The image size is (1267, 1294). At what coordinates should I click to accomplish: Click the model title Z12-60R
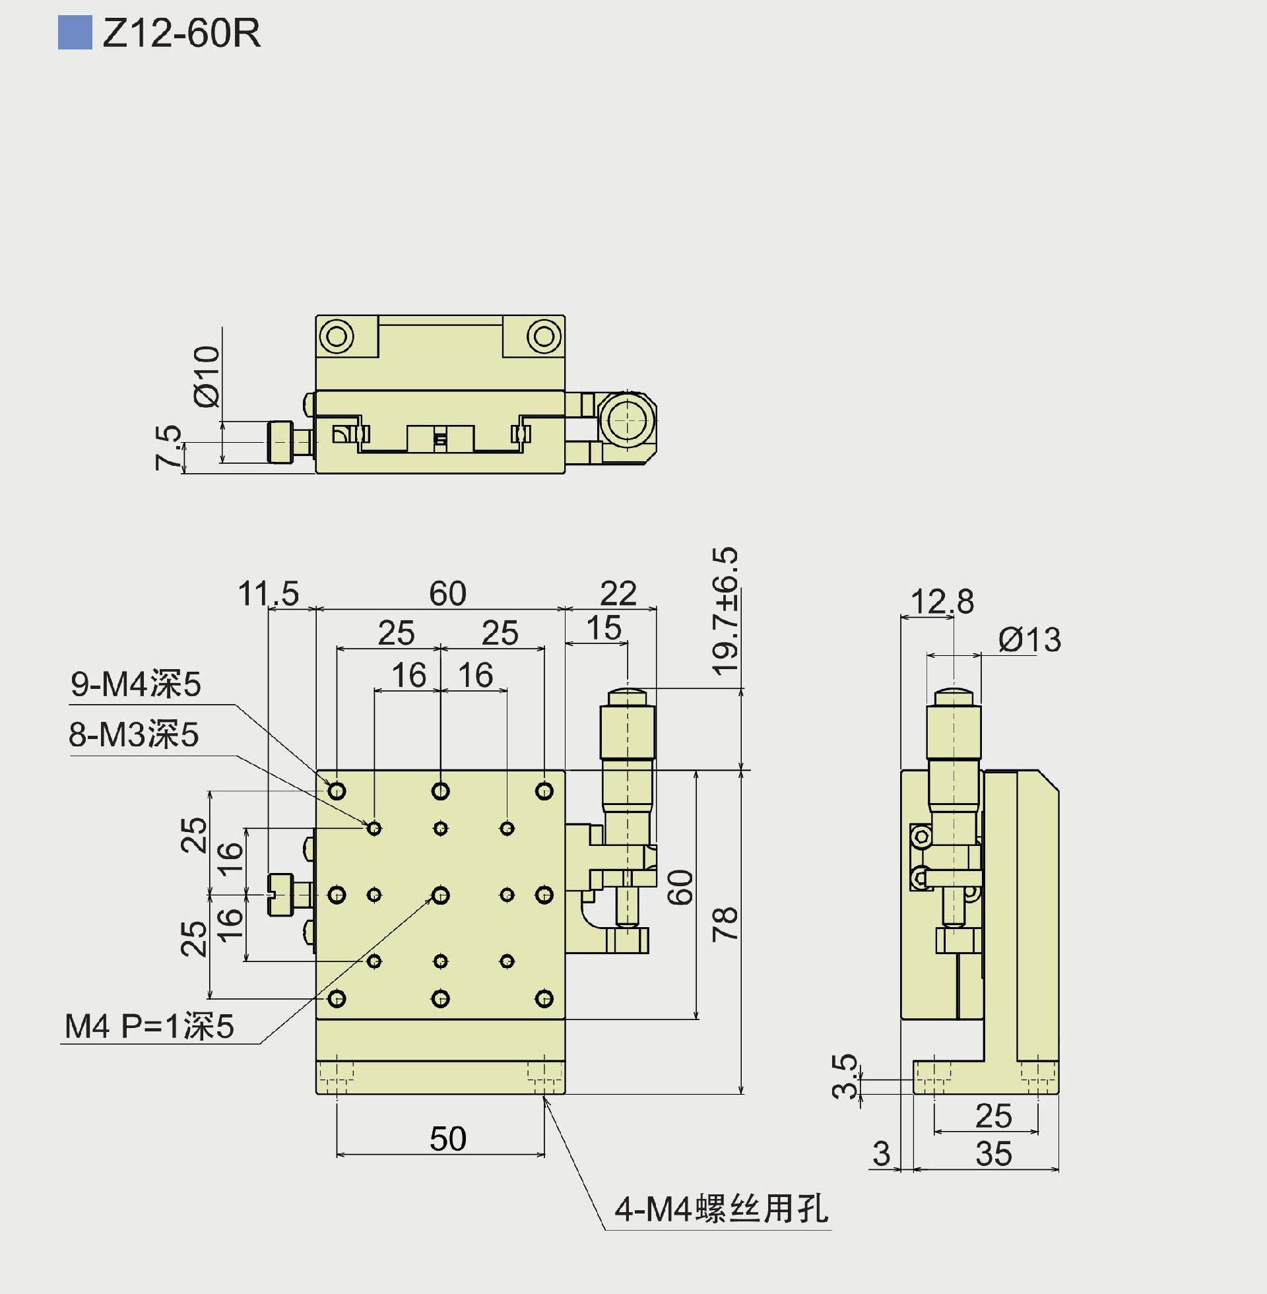click(181, 33)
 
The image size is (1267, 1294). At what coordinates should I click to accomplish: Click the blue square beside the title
click(75, 33)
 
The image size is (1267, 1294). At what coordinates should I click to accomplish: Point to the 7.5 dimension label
click(168, 448)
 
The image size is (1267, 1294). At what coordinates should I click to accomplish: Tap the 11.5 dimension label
click(269, 593)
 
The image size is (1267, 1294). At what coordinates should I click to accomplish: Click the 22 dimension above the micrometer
click(618, 593)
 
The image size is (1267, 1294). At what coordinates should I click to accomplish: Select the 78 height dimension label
click(726, 923)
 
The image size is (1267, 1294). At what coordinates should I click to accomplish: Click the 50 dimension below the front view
click(448, 1138)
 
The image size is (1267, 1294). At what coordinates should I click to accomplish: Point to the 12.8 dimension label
click(942, 602)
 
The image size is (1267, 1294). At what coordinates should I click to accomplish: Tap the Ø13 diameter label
click(1029, 640)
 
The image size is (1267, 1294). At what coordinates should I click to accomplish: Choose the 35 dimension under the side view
click(994, 1153)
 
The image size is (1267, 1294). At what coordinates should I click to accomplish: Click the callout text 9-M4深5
click(136, 684)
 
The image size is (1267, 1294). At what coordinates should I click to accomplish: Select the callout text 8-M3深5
click(134, 734)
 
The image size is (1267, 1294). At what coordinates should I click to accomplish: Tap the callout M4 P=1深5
click(149, 1027)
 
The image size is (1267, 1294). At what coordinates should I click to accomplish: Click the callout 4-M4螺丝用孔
click(721, 1209)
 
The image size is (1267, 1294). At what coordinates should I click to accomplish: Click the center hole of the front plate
click(441, 895)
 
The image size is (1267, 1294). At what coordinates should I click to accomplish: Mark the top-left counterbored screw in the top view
click(337, 336)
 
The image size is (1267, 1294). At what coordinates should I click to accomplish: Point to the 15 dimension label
click(604, 628)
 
